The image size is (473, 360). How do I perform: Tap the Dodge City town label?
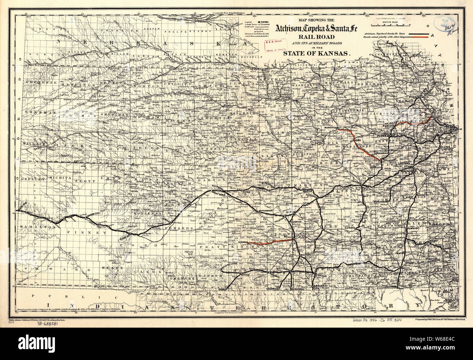[x=124, y=237]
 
